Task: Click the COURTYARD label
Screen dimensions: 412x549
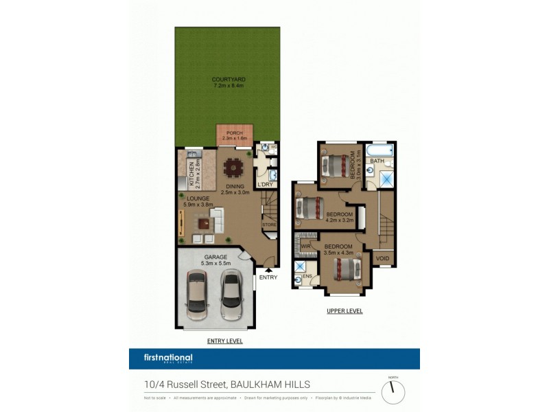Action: click(x=229, y=80)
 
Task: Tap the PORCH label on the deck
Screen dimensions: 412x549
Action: click(x=227, y=133)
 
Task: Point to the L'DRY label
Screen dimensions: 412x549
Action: click(x=266, y=184)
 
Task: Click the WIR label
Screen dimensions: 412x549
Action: click(x=305, y=245)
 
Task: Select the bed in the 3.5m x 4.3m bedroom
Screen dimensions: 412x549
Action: click(x=347, y=268)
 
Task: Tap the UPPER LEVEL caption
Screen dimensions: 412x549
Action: click(x=344, y=311)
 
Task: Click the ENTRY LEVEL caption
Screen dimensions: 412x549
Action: click(x=224, y=341)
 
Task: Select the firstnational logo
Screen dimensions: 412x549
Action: click(x=168, y=358)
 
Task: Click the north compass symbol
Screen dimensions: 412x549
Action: click(x=393, y=391)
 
